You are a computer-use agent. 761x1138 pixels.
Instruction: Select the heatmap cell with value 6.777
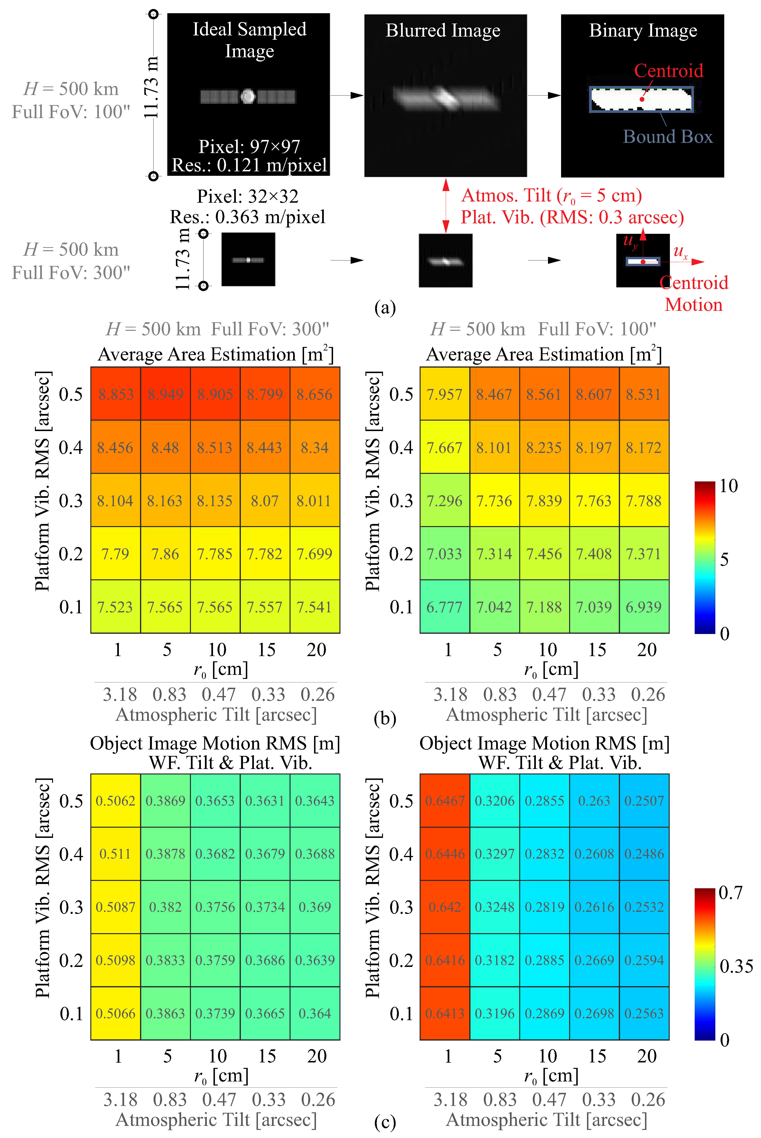pyautogui.click(x=445, y=607)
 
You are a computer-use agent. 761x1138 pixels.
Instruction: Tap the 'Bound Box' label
pyautogui.click(x=668, y=137)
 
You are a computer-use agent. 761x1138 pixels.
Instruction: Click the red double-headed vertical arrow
pyautogui.click(x=446, y=206)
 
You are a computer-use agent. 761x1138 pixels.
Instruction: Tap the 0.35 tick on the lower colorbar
pyautogui.click(x=736, y=966)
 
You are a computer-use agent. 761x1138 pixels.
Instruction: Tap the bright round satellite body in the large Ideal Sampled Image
pyautogui.click(x=248, y=96)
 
